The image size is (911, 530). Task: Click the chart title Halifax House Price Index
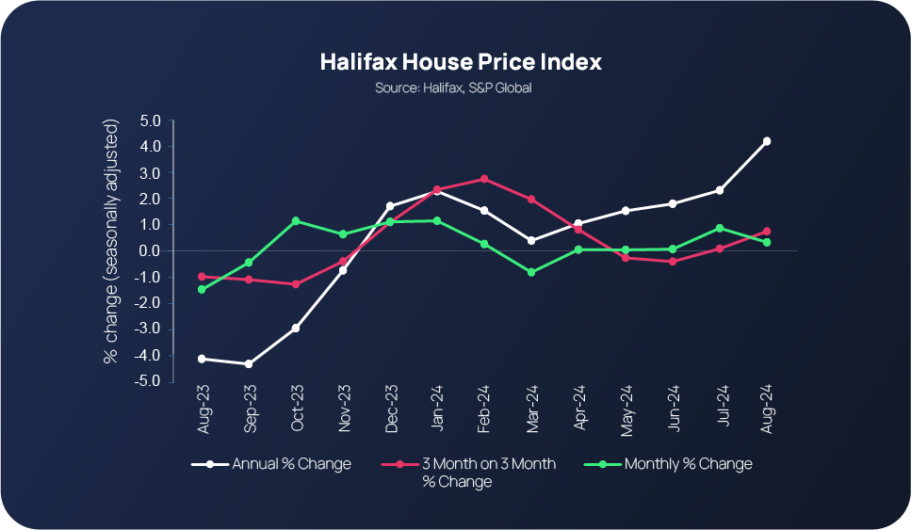coord(460,63)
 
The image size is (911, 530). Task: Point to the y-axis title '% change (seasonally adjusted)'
coord(111,241)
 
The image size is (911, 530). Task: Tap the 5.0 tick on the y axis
coord(151,120)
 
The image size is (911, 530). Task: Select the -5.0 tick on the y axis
coord(149,381)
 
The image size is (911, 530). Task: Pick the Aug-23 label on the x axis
coord(203,411)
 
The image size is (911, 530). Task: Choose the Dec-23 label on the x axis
coord(392,411)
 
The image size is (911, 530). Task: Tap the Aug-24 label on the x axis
coord(768,411)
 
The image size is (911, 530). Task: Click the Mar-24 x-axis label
coord(533,411)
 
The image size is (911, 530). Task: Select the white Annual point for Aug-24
coord(767,141)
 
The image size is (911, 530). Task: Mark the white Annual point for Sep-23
coord(249,363)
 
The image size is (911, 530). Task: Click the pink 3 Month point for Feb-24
coord(484,179)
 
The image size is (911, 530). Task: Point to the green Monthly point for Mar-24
coord(531,272)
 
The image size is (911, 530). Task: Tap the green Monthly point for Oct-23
coord(296,221)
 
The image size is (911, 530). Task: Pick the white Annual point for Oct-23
coord(296,328)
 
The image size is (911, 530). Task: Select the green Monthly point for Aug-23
coord(202,290)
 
